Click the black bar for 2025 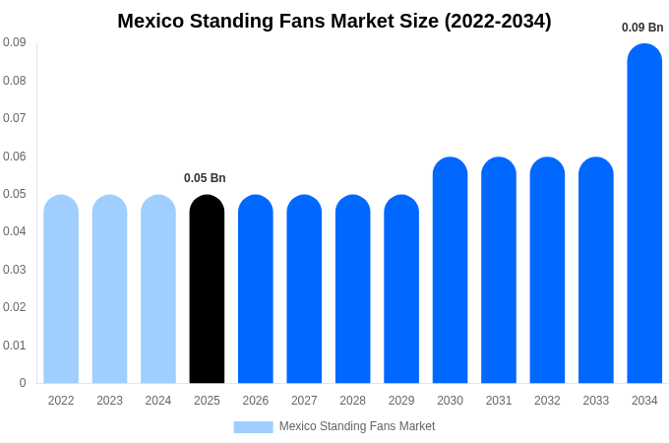pos(207,289)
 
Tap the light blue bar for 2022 pos(61,289)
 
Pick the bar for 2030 pos(450,271)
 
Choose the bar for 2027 pos(304,289)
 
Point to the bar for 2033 pos(595,271)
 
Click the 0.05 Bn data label pos(205,178)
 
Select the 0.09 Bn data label pos(642,28)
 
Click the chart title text pos(334,21)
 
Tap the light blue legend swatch pos(253,426)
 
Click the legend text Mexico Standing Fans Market pos(357,426)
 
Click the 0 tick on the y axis pos(23,383)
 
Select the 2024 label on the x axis pos(158,401)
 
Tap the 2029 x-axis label pos(401,401)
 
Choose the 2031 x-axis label pos(499,401)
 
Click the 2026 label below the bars pos(256,401)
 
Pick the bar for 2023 pos(109,289)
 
